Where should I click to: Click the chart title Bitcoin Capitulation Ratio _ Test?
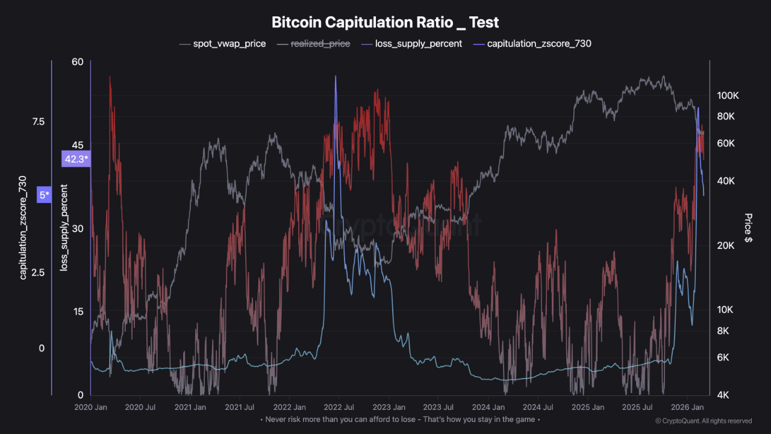(385, 22)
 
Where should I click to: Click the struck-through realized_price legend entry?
(319, 43)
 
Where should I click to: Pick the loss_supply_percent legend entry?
(418, 43)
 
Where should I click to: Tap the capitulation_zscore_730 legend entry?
(538, 43)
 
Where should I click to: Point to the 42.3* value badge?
(76, 159)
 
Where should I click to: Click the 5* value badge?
(44, 195)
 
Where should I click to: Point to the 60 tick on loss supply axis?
(77, 61)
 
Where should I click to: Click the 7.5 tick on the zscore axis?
(38, 122)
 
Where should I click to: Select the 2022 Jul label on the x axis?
(341, 407)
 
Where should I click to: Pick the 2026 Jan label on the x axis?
(689, 407)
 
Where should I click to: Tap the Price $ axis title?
(748, 228)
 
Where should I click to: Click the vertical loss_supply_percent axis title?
(64, 228)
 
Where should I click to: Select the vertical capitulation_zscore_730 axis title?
(23, 228)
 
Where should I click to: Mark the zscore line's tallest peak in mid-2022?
(335, 77)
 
